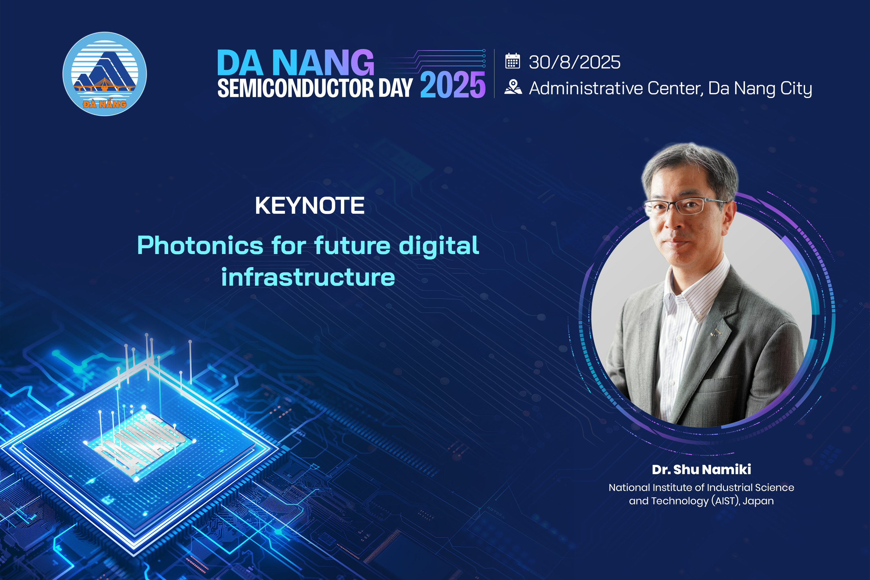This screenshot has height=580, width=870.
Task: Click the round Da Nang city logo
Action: pyautogui.click(x=105, y=74)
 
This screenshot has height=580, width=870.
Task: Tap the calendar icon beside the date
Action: pyautogui.click(x=513, y=61)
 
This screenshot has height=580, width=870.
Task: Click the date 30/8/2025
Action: pyautogui.click(x=574, y=62)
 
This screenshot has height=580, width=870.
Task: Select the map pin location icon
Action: pyautogui.click(x=513, y=87)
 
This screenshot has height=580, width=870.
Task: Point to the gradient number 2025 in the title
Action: pyautogui.click(x=452, y=85)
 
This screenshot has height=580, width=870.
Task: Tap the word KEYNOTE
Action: pyautogui.click(x=310, y=205)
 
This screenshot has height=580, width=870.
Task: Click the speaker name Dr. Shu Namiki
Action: pyautogui.click(x=701, y=470)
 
